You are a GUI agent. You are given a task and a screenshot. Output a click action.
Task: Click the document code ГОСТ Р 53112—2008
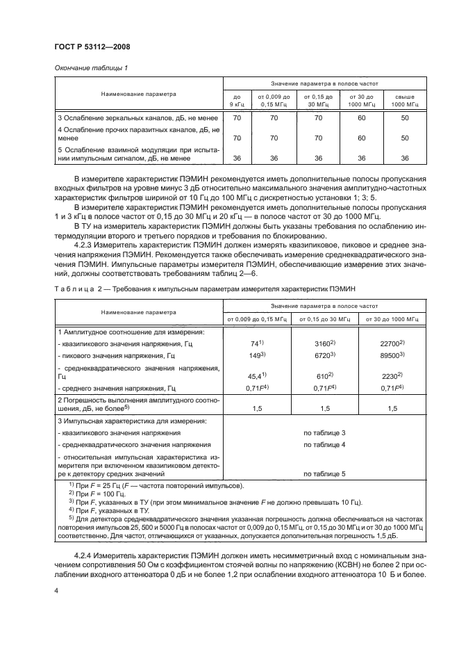click(x=92, y=47)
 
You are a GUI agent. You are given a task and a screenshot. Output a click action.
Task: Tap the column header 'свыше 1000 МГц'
click(x=405, y=100)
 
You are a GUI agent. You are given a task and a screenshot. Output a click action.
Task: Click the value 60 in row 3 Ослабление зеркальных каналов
click(x=361, y=119)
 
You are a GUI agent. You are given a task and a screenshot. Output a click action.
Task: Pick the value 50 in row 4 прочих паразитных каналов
click(x=405, y=138)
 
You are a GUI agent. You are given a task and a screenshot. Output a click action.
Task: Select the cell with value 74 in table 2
click(x=255, y=343)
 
